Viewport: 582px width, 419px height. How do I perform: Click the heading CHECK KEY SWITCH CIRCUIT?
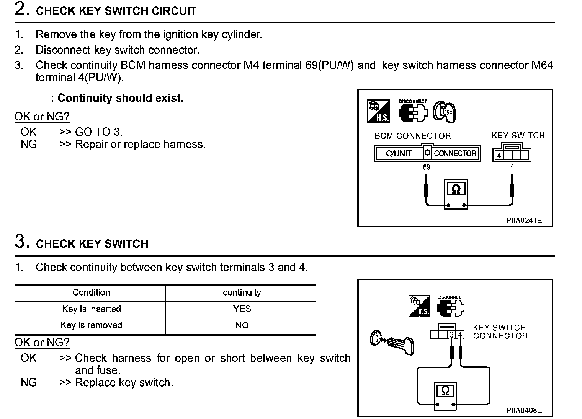tap(116, 11)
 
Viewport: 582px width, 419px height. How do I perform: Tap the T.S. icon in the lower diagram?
tap(420, 306)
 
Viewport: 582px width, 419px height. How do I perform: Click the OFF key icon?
tap(444, 112)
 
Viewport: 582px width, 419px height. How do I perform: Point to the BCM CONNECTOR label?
tap(412, 136)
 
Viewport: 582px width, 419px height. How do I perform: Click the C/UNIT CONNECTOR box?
tap(427, 153)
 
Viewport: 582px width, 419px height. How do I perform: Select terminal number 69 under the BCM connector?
tap(426, 167)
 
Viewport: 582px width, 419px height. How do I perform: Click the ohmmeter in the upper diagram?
tap(456, 195)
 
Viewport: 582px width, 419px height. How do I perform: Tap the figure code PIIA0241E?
tap(524, 221)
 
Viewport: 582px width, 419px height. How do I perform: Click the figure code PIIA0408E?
tap(524, 410)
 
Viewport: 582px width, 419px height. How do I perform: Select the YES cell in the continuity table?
tap(242, 309)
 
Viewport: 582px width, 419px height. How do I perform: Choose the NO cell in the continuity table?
tap(242, 325)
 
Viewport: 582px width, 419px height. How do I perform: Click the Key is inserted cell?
tap(91, 309)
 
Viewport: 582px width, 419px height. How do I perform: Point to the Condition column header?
tap(91, 292)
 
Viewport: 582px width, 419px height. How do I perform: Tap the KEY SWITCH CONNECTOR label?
tap(500, 331)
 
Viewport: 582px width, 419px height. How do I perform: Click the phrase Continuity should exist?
tap(120, 98)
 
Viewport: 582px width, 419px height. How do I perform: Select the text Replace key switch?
tap(124, 382)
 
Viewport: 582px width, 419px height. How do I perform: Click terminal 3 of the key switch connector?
tap(452, 335)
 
